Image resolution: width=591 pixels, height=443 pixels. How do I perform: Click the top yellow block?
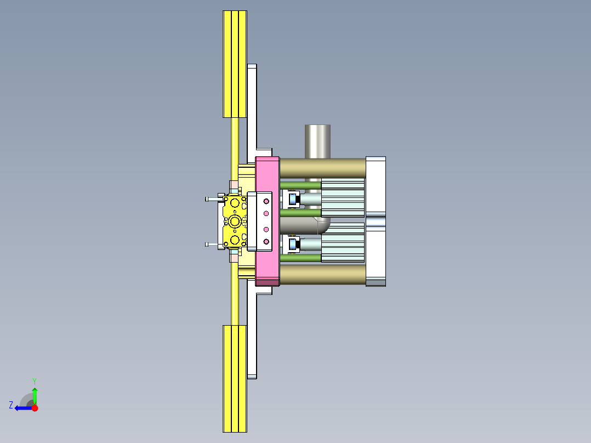[x=235, y=64]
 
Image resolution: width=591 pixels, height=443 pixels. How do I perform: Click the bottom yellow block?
[x=235, y=378]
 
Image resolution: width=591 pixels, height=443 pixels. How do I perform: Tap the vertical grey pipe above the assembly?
[x=318, y=141]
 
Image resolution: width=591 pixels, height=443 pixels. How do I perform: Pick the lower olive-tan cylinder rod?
[x=322, y=274]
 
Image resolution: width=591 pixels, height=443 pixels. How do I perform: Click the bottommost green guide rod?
[x=300, y=258]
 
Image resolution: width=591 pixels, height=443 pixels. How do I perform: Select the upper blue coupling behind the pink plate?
[x=292, y=199]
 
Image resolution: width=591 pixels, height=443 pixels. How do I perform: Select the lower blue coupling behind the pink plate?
[x=292, y=244]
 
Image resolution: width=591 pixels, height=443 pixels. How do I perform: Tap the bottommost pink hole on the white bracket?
[x=267, y=242]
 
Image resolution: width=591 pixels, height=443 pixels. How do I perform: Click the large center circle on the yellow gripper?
[x=235, y=222]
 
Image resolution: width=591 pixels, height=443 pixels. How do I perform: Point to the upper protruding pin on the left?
[x=212, y=199]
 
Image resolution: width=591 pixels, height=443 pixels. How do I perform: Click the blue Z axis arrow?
[x=21, y=408]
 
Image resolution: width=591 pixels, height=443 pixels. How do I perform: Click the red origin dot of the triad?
[x=35, y=408]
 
